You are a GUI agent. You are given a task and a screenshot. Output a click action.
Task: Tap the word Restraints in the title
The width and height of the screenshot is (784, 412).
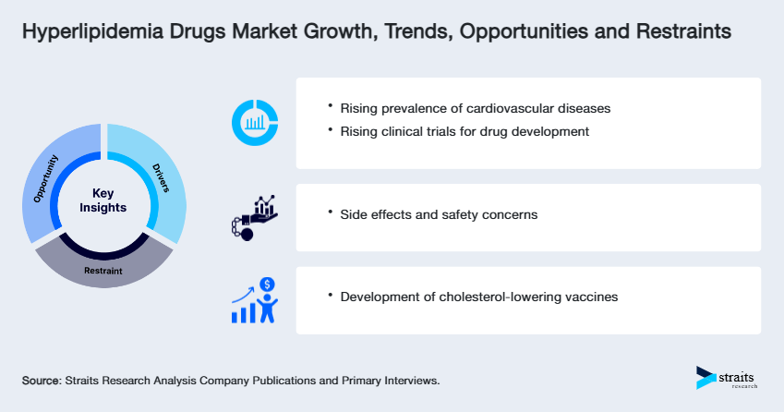[681, 32]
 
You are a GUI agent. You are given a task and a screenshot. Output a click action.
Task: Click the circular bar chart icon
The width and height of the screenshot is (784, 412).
[255, 123]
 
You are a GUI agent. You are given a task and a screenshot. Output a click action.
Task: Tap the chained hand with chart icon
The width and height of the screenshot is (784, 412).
[253, 217]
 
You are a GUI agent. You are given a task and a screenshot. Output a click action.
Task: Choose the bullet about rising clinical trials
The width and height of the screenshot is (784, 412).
[464, 131]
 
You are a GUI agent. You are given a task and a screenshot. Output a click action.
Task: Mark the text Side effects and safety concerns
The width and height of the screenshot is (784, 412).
[439, 214]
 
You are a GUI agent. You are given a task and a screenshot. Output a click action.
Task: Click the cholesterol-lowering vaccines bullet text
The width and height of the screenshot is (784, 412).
[479, 297]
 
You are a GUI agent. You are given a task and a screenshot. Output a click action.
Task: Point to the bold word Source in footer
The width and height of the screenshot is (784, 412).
[41, 381]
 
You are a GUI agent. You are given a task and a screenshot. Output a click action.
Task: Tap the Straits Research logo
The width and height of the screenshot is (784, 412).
[727, 379]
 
